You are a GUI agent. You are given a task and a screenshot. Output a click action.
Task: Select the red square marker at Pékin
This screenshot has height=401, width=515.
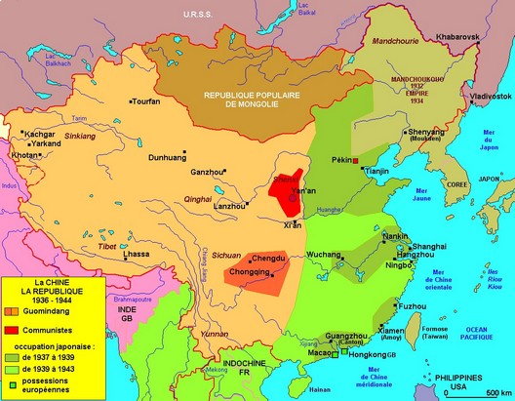pyautogui.click(x=356, y=160)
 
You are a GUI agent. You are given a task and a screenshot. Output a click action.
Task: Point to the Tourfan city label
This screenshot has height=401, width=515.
pyautogui.click(x=148, y=100)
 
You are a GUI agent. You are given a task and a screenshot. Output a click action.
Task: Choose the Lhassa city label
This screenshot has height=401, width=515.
pyautogui.click(x=139, y=254)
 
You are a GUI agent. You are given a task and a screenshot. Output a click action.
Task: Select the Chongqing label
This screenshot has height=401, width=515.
pyautogui.click(x=247, y=272)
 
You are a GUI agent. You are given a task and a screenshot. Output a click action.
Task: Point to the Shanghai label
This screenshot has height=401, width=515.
pyautogui.click(x=430, y=247)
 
